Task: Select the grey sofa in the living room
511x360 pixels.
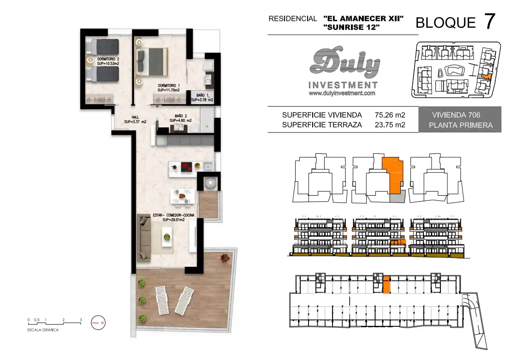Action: coord(144,238)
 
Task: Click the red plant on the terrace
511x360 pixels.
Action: coord(225,258)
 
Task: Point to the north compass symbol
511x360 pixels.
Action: coord(98,323)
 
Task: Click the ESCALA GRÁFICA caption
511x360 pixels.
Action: coord(43,330)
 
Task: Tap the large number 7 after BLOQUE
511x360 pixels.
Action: coord(490,22)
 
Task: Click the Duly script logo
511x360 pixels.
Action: coord(345,62)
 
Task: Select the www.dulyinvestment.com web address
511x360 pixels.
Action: coord(342,93)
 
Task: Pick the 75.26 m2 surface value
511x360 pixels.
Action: coord(390,115)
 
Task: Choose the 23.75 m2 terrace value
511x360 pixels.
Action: coord(390,125)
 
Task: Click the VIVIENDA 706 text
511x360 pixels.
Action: coord(456,115)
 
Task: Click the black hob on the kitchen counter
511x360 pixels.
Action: coord(187,167)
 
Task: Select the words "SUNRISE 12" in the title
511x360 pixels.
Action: coord(351,27)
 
